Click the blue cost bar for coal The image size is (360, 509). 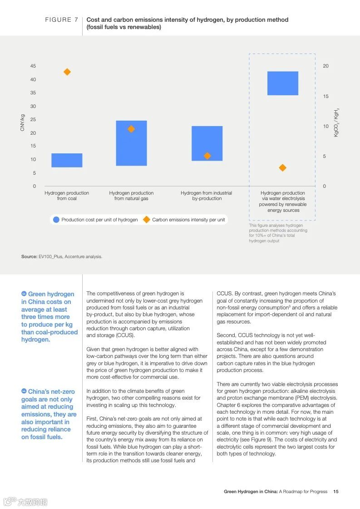tap(67, 160)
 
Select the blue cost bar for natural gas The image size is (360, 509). tap(131, 143)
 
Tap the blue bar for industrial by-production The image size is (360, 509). tap(207, 143)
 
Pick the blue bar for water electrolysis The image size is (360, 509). tap(282, 83)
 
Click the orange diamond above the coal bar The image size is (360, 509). tap(67, 72)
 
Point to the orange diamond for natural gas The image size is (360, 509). tap(131, 129)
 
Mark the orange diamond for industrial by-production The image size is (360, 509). tap(207, 156)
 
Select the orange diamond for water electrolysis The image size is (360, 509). tap(282, 168)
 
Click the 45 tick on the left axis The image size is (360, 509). tap(33, 66)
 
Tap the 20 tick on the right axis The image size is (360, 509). tap(325, 66)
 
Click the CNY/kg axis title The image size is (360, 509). tap(22, 123)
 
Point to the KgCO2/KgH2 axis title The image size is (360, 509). tap(336, 122)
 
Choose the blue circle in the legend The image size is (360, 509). tap(56, 220)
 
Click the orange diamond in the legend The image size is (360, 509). tap(146, 220)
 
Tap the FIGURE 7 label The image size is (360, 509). tap(59, 20)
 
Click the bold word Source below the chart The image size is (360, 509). tap(29, 257)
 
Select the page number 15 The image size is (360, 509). tap(336, 491)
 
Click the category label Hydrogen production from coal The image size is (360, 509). tap(67, 196)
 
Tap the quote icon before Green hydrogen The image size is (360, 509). tap(24, 294)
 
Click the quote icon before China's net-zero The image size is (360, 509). tap(24, 391)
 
